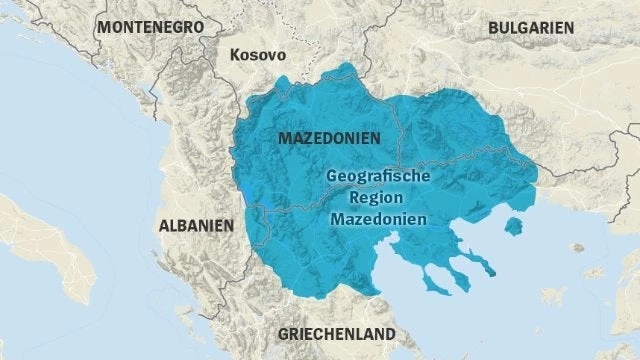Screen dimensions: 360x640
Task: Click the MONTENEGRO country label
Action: coord(151,26)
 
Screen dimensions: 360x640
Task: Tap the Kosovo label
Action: coord(257,55)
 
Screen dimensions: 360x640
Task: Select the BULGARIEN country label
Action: coord(530,28)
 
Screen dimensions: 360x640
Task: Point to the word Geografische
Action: coord(378,175)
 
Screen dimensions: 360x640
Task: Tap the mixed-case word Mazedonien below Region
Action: coord(378,217)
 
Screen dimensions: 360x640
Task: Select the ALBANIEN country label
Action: coord(195,226)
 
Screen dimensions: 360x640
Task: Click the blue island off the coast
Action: coord(513,226)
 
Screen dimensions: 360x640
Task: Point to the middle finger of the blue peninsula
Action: coord(460,276)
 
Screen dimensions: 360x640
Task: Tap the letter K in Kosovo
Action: coord(234,55)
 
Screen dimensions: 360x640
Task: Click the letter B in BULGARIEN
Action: coord(492,28)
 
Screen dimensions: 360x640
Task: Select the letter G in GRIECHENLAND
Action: coord(283,332)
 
